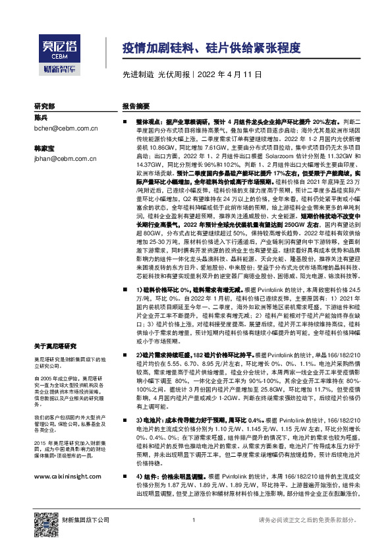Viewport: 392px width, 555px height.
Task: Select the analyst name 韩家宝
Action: (44, 148)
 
